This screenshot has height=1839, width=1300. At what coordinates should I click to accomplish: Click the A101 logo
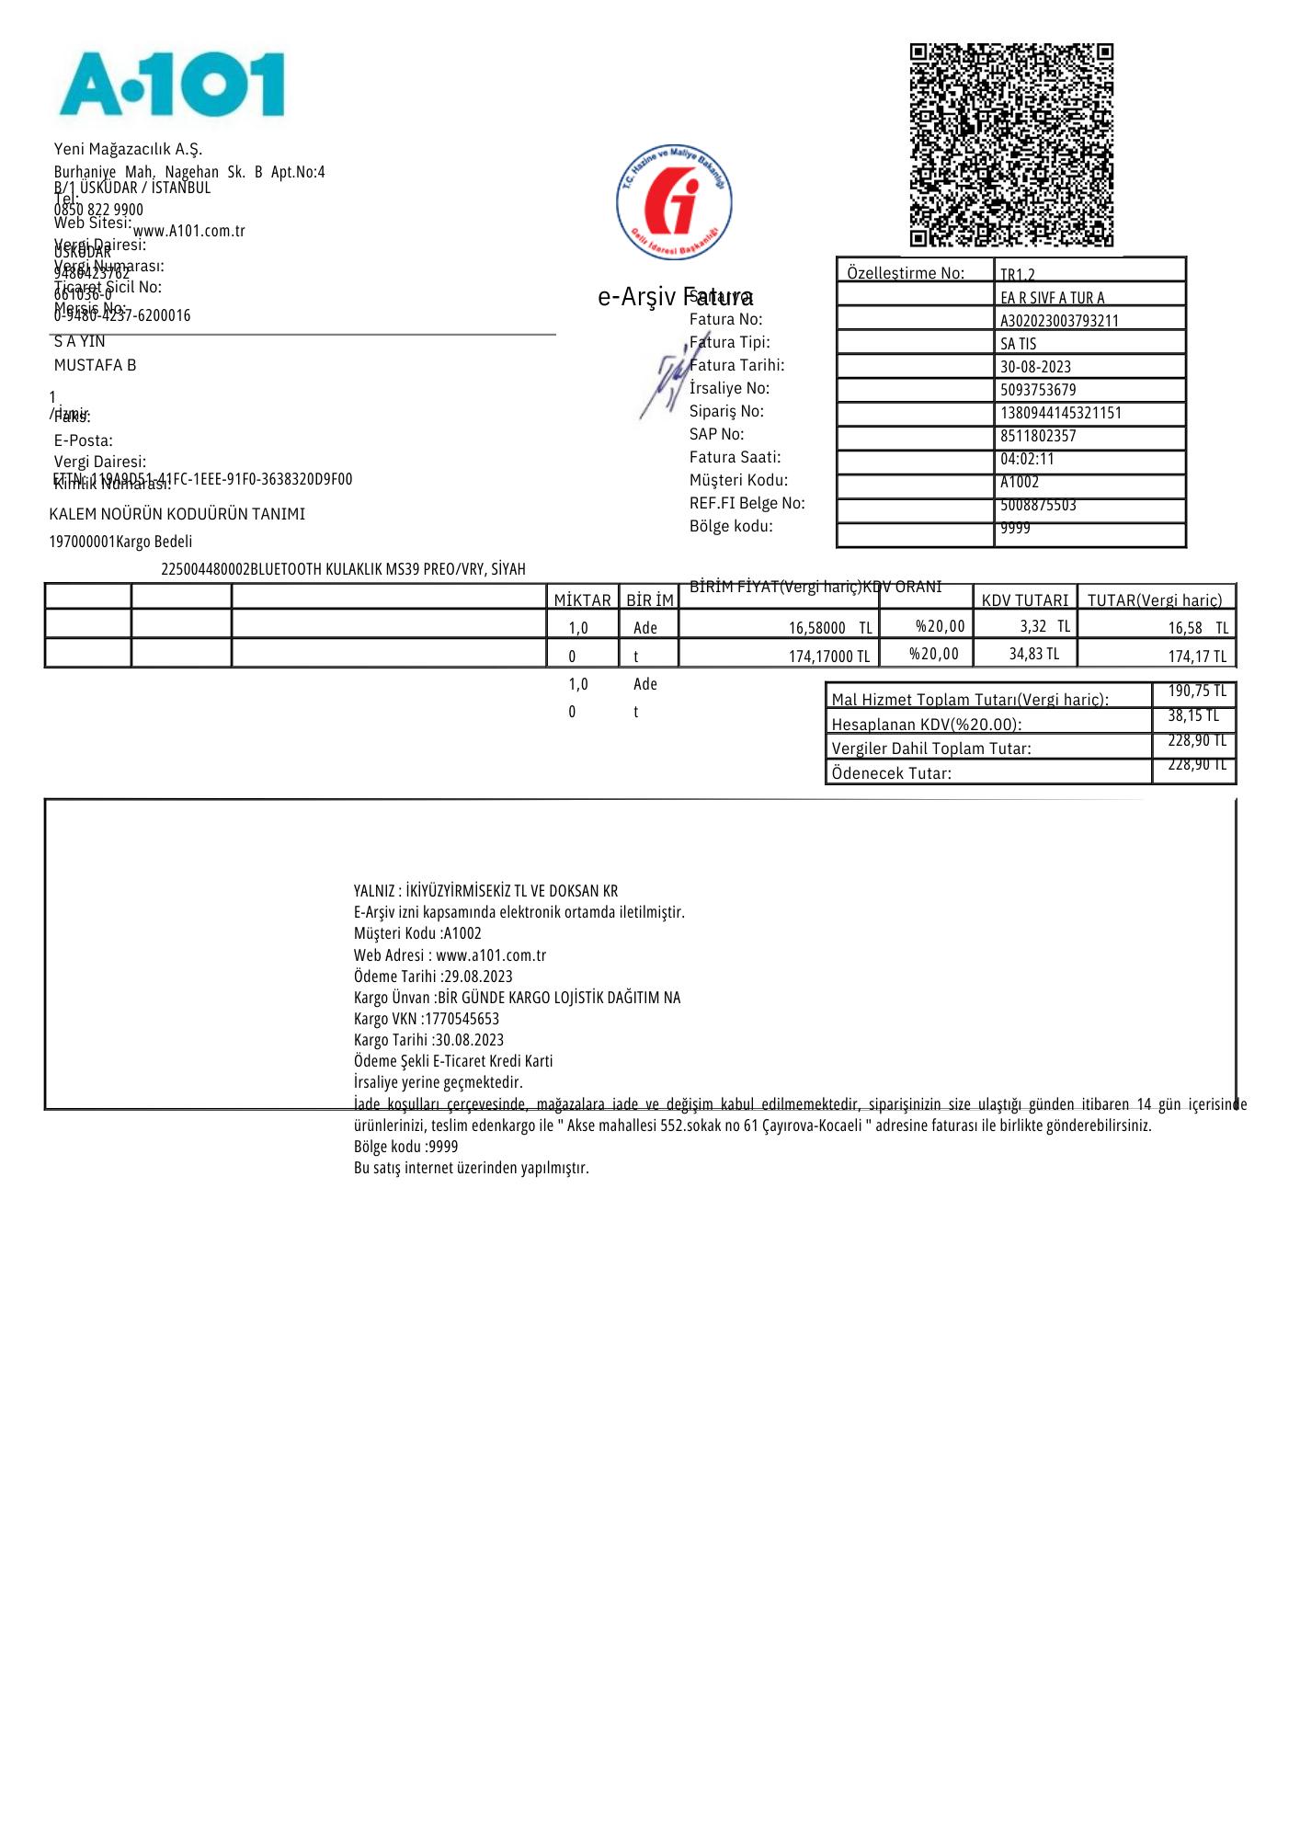pyautogui.click(x=172, y=85)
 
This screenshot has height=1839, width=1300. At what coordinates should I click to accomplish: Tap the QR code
pyautogui.click(x=1011, y=145)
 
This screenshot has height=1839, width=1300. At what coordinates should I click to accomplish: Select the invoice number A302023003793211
pyautogui.click(x=1059, y=321)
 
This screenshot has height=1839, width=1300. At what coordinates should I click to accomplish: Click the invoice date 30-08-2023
pyautogui.click(x=1035, y=367)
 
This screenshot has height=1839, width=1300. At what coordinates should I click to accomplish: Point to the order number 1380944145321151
pyautogui.click(x=1060, y=413)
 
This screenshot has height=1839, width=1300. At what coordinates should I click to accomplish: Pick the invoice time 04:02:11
pyautogui.click(x=1027, y=459)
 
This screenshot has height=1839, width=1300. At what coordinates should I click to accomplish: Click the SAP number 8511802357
pyautogui.click(x=1038, y=436)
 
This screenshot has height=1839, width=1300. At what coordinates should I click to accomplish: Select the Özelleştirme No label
pyautogui.click(x=905, y=273)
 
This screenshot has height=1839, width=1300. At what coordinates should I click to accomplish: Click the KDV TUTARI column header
pyautogui.click(x=1024, y=600)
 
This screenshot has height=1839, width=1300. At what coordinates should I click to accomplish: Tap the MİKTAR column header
pyautogui.click(x=582, y=600)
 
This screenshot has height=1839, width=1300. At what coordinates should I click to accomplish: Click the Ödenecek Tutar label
pyautogui.click(x=891, y=773)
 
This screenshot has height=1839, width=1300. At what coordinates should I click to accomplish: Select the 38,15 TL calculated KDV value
pyautogui.click(x=1193, y=715)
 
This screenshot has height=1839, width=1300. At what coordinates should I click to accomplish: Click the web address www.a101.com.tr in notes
pyautogui.click(x=491, y=955)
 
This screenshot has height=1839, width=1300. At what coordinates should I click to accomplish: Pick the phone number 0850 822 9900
pyautogui.click(x=98, y=211)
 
